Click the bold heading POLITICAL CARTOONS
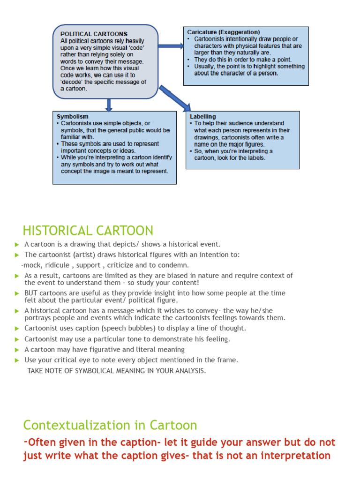click(x=94, y=34)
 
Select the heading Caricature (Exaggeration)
click(x=223, y=32)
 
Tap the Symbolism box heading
click(x=72, y=116)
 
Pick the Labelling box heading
click(x=203, y=116)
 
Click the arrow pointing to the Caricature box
click(x=171, y=46)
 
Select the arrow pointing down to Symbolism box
click(x=109, y=105)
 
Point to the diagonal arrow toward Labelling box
click(x=174, y=98)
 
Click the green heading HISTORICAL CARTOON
click(x=88, y=231)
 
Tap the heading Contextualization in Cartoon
click(x=110, y=425)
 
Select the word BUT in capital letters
click(x=31, y=293)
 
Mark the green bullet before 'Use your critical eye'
click(x=17, y=360)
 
